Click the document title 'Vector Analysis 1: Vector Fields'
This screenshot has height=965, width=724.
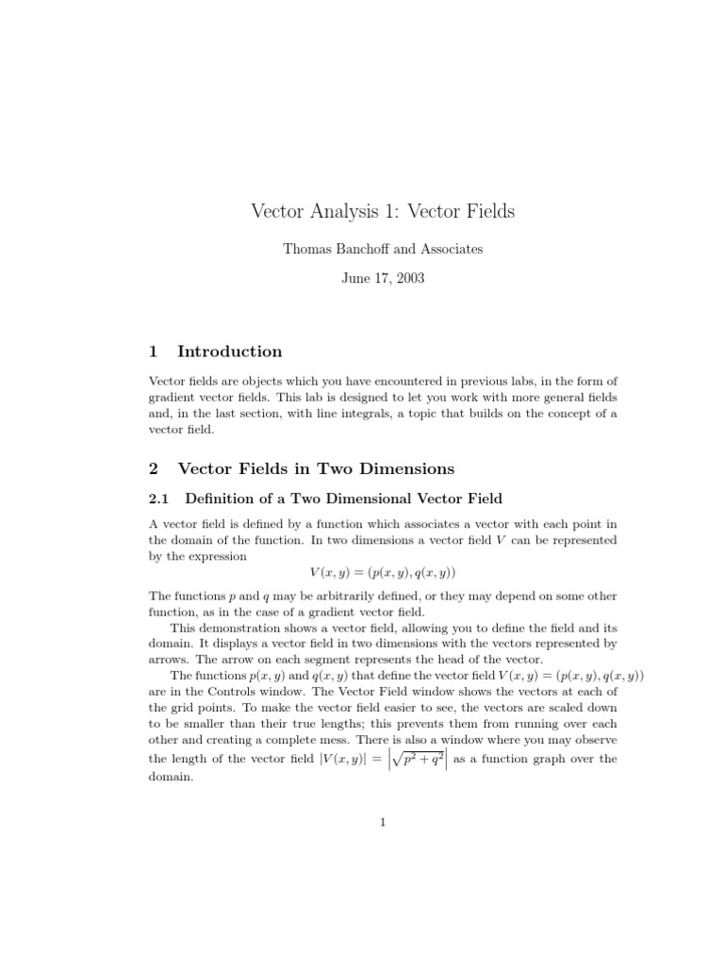tap(383, 211)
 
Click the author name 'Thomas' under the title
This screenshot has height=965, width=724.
tap(306, 249)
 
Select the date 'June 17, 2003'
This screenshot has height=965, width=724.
tap(383, 279)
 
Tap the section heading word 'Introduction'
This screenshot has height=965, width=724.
tap(229, 352)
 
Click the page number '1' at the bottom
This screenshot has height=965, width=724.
tap(383, 823)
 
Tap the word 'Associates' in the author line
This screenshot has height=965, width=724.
tap(451, 249)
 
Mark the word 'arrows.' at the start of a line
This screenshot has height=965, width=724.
tap(170, 659)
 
